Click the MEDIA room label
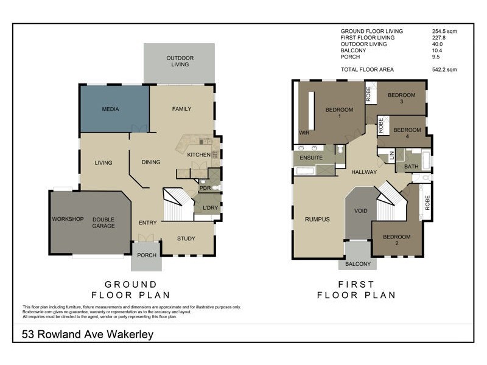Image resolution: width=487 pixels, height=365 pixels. (x=110, y=109)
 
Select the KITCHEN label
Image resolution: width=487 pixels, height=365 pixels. (x=198, y=155)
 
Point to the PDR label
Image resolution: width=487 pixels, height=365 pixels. (x=205, y=188)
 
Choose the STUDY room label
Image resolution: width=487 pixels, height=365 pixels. (x=186, y=238)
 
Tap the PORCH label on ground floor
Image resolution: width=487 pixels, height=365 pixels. (x=146, y=255)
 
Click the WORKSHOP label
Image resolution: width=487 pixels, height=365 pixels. (x=68, y=219)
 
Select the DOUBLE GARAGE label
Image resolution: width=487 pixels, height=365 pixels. (x=103, y=223)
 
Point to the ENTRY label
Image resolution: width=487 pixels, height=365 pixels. (x=147, y=223)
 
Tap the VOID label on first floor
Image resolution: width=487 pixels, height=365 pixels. (x=361, y=211)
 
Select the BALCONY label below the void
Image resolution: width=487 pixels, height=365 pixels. (x=357, y=264)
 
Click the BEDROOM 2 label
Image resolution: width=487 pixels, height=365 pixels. (x=396, y=240)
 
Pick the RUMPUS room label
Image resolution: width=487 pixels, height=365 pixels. (x=317, y=219)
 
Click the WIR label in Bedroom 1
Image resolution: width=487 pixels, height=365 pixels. (x=304, y=132)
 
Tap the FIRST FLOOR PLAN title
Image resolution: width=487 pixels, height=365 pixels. (x=357, y=290)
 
